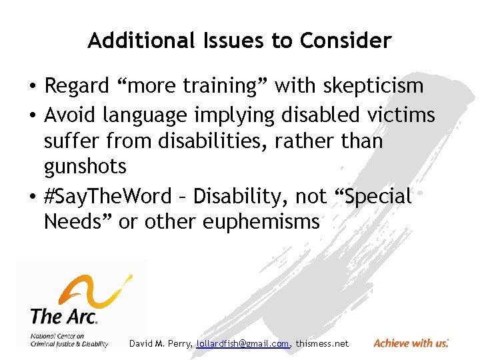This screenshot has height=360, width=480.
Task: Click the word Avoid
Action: click(71, 115)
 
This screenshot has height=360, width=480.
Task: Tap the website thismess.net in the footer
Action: click(322, 343)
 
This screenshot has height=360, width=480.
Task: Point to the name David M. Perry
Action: click(161, 343)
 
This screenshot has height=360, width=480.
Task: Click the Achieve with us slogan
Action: click(411, 343)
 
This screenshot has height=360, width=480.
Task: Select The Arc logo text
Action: click(64, 315)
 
